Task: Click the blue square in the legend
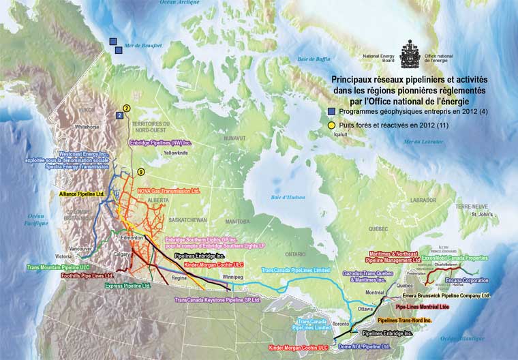point(332,111)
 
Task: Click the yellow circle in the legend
point(332,125)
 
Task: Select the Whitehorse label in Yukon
point(87,127)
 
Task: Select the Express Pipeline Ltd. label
point(127,286)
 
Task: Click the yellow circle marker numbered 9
point(141,171)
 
